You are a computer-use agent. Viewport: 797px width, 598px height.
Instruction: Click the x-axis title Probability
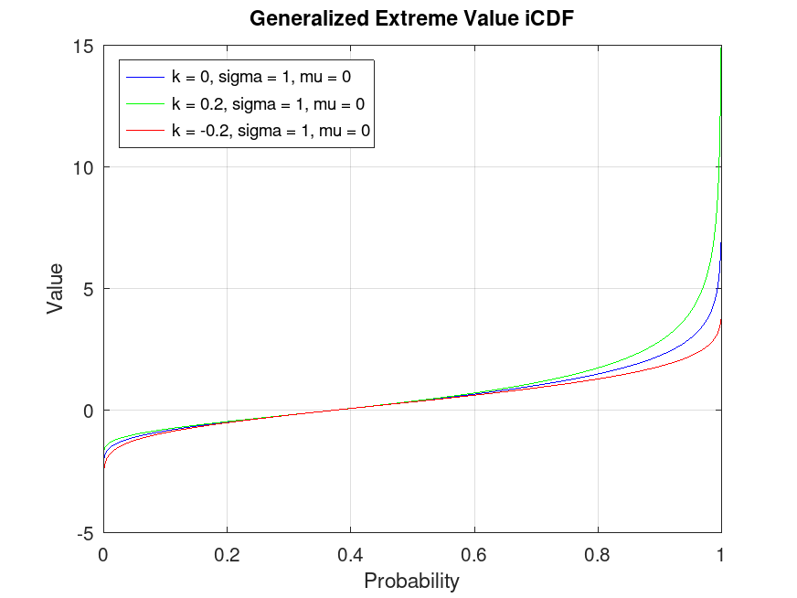(x=411, y=581)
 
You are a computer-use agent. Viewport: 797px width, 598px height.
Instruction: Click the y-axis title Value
(x=56, y=288)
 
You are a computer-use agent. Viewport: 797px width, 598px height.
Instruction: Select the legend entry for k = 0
(x=261, y=77)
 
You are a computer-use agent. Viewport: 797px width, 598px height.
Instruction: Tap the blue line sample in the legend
(x=144, y=77)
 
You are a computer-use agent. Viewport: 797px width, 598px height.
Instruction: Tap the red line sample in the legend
(x=144, y=132)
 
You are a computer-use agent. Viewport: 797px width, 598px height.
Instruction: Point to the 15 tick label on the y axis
(x=84, y=46)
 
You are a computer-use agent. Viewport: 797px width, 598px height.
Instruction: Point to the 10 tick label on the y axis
(x=84, y=167)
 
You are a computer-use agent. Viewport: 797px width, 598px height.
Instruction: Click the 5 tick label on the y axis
(x=89, y=289)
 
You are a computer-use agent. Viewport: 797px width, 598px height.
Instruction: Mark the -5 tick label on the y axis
(x=85, y=532)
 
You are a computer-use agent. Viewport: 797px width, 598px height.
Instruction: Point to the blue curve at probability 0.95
(x=690, y=338)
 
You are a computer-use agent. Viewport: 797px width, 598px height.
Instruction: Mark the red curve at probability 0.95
(x=690, y=355)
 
